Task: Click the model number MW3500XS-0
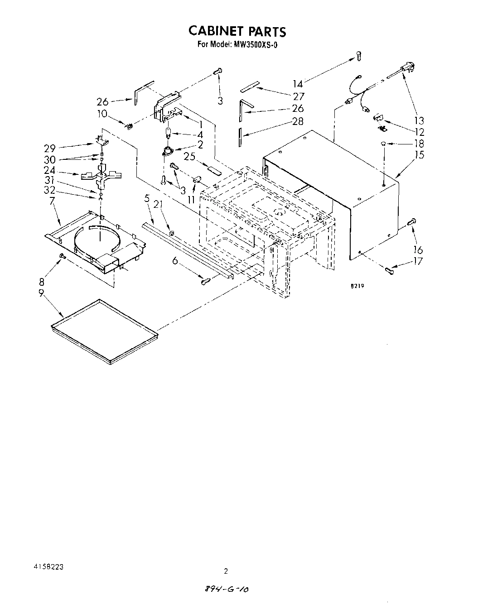(x=255, y=44)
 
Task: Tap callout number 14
(x=298, y=84)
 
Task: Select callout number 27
(x=299, y=96)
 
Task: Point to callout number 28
(x=298, y=121)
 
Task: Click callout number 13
(x=419, y=120)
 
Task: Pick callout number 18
(x=419, y=144)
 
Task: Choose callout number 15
(x=419, y=155)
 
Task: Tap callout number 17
(x=418, y=261)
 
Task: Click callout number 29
(x=49, y=148)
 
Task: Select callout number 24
(x=49, y=171)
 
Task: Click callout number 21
(x=158, y=205)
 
